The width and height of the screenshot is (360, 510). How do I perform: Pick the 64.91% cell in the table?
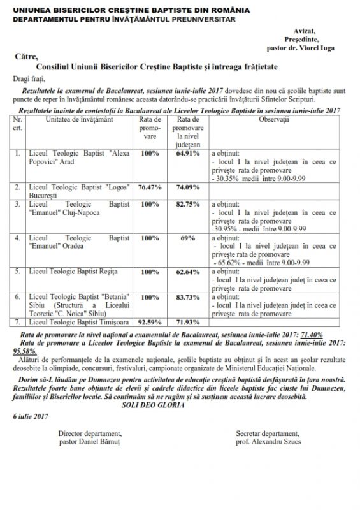click(x=188, y=154)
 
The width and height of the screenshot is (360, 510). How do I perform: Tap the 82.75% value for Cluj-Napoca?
click(x=188, y=205)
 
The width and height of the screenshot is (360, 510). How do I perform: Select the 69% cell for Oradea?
click(x=188, y=237)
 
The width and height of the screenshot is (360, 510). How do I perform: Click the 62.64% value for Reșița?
click(x=188, y=272)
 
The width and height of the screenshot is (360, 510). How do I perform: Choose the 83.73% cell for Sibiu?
click(x=188, y=297)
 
